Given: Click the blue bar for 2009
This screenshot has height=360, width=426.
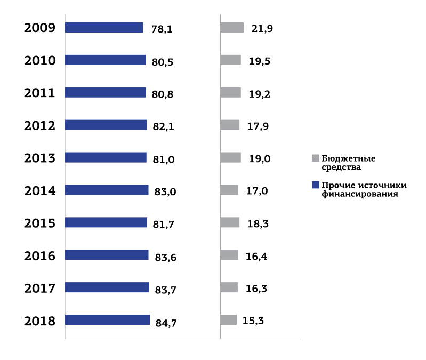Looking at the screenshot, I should [104, 28].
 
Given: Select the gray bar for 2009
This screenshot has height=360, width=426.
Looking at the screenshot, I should [232, 28].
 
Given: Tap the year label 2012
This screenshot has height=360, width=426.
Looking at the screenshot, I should [40, 126].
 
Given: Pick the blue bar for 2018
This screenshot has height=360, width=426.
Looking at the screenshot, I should [107, 320].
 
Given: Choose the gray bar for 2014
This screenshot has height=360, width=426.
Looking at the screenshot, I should [229, 190].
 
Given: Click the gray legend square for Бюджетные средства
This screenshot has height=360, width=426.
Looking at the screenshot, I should [315, 158].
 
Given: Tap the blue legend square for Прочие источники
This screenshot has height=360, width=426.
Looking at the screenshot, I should [315, 185].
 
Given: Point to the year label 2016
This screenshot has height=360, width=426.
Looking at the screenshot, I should [40, 256].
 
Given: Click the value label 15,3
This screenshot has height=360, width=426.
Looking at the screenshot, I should [253, 321].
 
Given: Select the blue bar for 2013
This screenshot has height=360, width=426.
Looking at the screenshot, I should [106, 157].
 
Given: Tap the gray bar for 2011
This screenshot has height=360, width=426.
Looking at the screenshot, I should [230, 93].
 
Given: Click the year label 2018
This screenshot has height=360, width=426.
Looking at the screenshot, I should [40, 321].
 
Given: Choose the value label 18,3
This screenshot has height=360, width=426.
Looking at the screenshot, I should [258, 223].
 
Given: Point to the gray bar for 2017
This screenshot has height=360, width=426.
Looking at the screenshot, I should [229, 287].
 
